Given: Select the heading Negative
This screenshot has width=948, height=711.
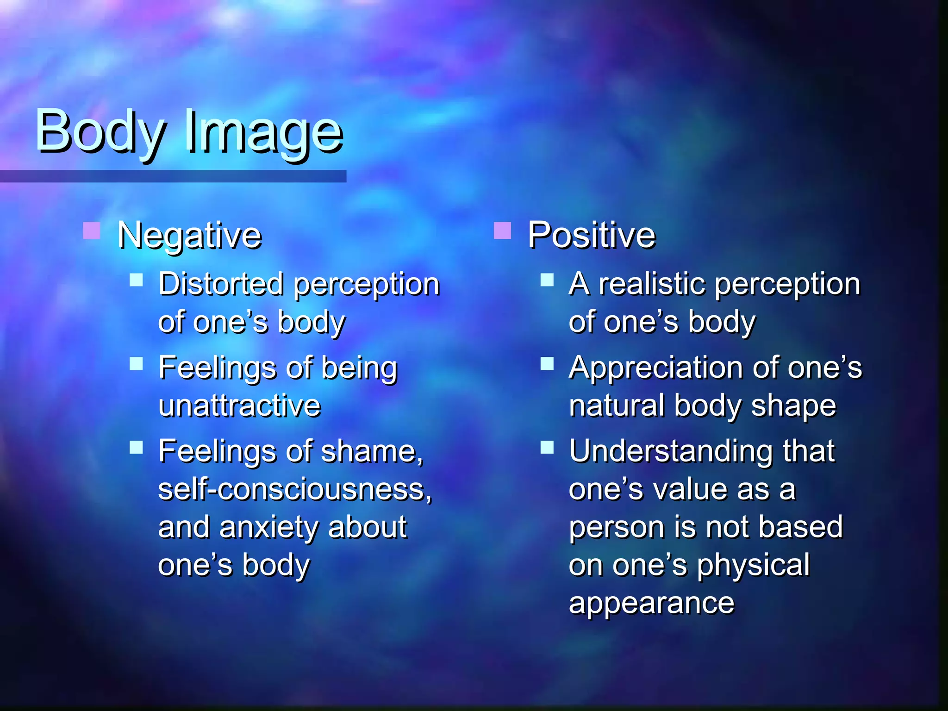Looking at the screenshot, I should [x=189, y=236].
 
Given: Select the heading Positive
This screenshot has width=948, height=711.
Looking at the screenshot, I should [x=592, y=235].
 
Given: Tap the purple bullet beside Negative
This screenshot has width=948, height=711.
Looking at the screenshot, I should [x=91, y=231].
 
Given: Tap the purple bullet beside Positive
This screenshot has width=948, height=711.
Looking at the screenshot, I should [x=502, y=231].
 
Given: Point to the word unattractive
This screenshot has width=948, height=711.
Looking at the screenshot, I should [x=239, y=406].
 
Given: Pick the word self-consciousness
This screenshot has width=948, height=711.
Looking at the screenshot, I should [x=294, y=489].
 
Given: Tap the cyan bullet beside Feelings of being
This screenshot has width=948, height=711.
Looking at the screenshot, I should [x=136, y=363].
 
